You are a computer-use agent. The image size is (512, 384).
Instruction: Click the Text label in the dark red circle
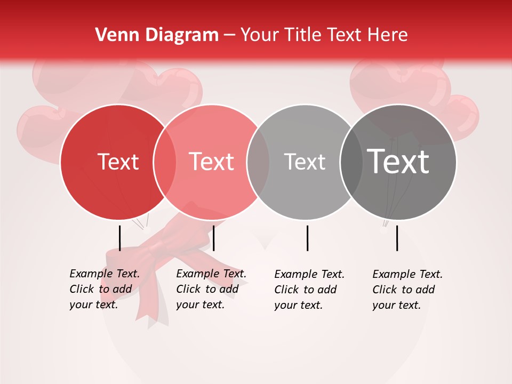(118, 162)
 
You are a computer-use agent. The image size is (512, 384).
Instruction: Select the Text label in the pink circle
(212, 162)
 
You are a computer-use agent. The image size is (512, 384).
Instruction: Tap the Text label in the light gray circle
(305, 162)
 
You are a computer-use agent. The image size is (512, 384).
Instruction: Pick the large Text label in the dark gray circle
(398, 162)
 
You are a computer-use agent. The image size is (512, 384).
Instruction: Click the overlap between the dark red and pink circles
(165, 162)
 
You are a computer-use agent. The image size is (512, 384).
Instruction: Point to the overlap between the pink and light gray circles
(258, 162)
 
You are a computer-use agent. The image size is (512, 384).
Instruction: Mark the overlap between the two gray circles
(351, 162)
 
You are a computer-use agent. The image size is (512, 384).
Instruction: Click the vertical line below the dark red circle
(120, 238)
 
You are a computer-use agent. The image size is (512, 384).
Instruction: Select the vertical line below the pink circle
(213, 238)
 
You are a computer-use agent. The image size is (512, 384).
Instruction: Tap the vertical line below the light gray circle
(307, 238)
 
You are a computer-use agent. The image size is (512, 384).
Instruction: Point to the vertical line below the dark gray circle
(397, 238)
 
